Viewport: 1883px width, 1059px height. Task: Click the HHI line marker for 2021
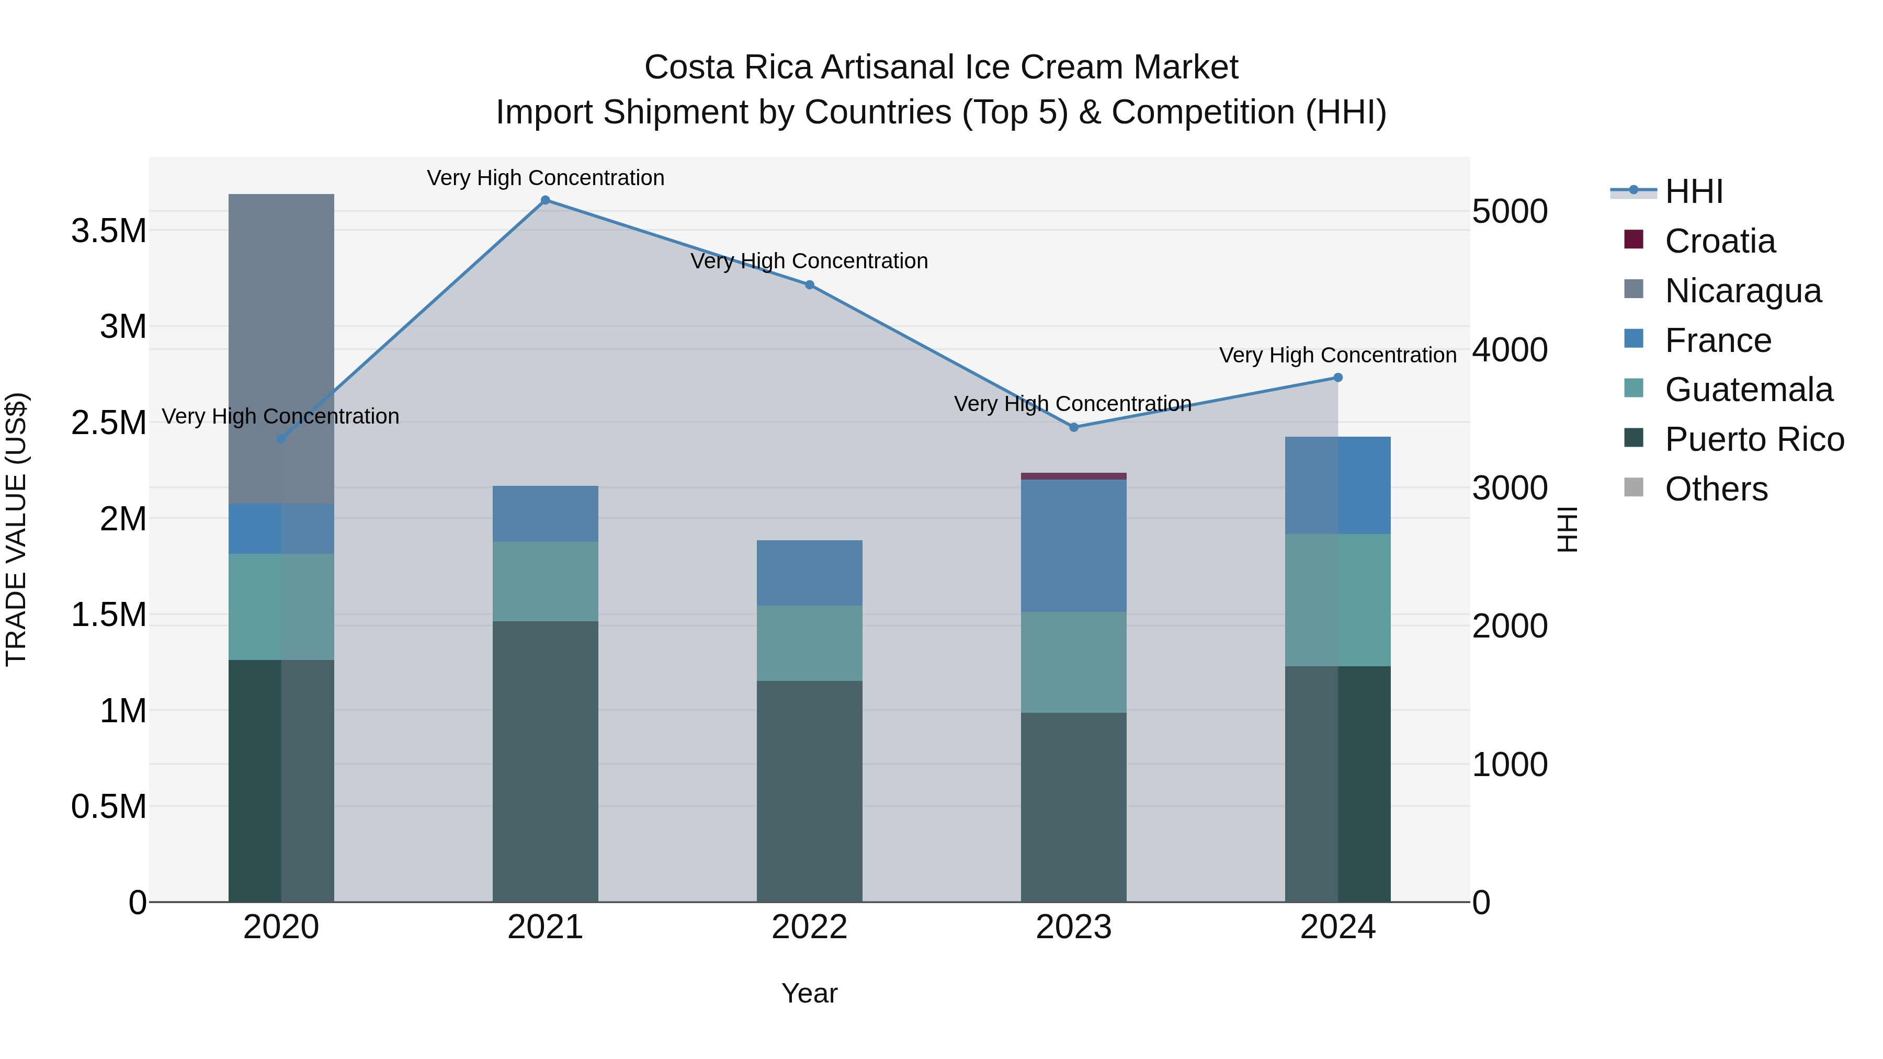[x=546, y=200]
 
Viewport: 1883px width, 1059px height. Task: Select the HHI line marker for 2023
[x=1074, y=428]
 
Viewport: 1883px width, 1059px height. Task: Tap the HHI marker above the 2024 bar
[x=1337, y=378]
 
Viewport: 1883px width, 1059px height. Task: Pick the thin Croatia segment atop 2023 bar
[x=1074, y=476]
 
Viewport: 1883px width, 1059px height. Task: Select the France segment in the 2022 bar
[x=809, y=573]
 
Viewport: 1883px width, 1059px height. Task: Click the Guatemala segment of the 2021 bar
[x=546, y=582]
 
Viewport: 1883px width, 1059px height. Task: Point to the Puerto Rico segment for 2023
[x=1074, y=807]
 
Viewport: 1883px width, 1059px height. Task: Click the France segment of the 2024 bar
[x=1337, y=485]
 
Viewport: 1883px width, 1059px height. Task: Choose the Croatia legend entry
[x=1719, y=241]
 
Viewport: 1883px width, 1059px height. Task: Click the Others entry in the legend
[x=1716, y=489]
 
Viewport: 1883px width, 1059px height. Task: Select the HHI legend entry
[x=1694, y=191]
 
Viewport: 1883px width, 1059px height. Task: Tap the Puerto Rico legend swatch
[x=1634, y=439]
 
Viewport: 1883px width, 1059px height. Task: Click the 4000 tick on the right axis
[x=1510, y=349]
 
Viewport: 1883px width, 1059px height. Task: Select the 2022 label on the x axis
[x=809, y=927]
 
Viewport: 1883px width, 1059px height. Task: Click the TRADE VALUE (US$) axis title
[x=17, y=529]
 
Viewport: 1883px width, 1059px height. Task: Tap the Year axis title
[x=809, y=993]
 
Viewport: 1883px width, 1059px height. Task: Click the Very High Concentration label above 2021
[x=546, y=178]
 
